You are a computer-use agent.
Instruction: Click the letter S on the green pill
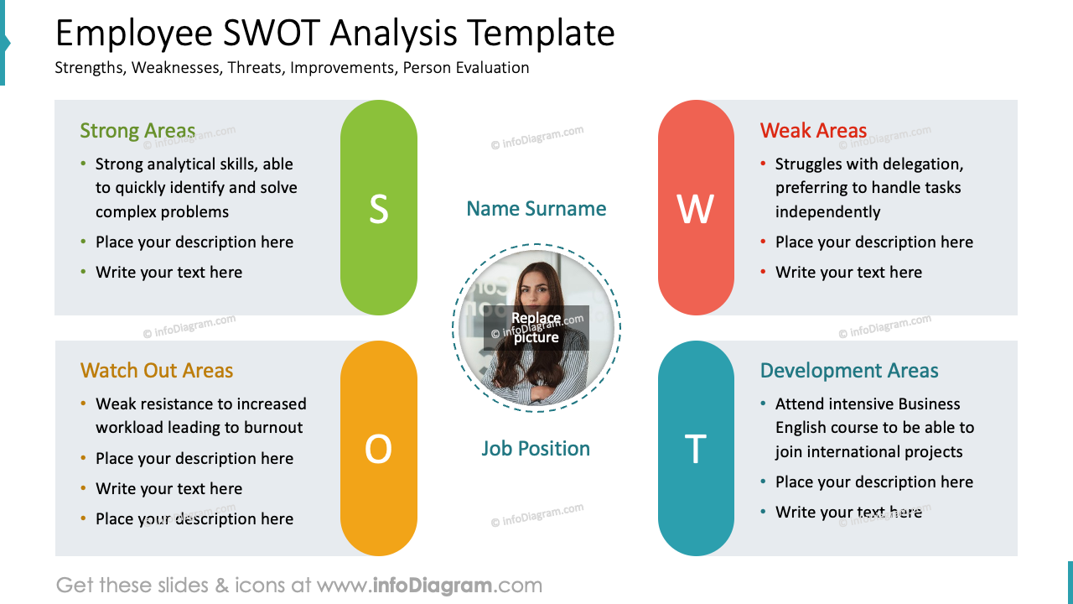tap(379, 209)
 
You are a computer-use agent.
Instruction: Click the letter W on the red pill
tap(696, 209)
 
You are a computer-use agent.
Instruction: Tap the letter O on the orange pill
tap(378, 450)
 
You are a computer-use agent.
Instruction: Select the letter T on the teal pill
tap(696, 450)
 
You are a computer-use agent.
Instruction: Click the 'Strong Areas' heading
tap(137, 131)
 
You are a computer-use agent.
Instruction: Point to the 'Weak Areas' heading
tap(813, 131)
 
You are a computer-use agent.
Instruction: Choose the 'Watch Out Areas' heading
tap(157, 371)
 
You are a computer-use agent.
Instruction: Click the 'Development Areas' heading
tap(849, 371)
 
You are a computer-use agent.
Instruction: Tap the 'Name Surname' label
tap(536, 209)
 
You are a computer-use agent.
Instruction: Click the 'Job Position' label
tap(536, 449)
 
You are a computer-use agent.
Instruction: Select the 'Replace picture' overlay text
tap(536, 328)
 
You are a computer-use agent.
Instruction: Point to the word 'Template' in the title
tap(542, 34)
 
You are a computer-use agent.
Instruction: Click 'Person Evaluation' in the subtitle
tap(466, 68)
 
